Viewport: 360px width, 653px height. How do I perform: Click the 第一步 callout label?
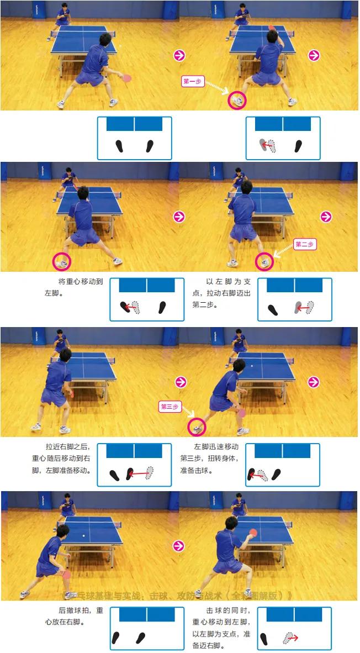[x=193, y=81]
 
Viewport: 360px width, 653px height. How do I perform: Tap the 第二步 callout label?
[x=305, y=244]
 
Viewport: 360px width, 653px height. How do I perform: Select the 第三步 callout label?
[x=170, y=407]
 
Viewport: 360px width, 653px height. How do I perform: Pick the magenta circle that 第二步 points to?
[x=265, y=261]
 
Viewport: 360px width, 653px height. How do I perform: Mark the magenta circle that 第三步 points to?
[x=197, y=426]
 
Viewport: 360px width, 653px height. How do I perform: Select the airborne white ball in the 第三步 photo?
[x=252, y=366]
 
